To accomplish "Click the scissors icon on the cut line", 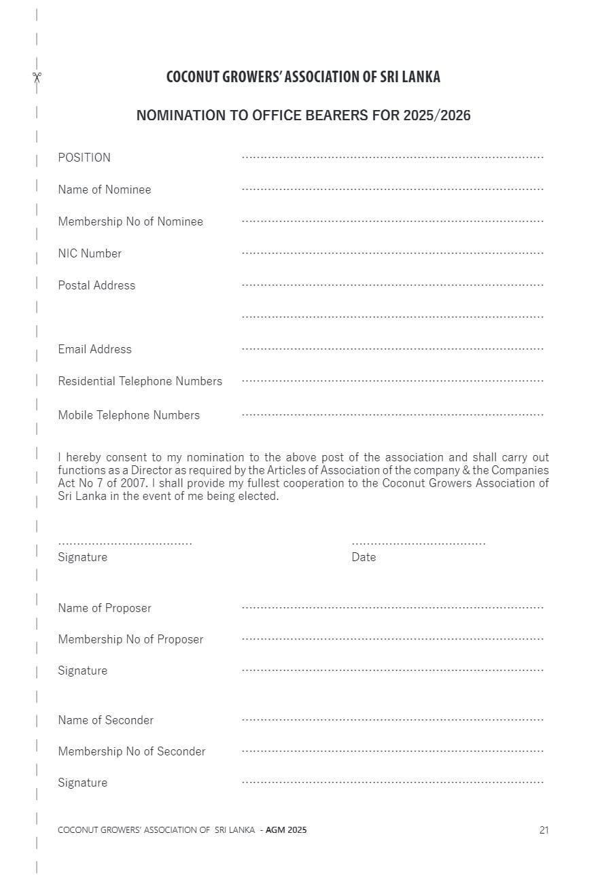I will tap(37, 77).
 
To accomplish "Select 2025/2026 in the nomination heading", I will tap(436, 115).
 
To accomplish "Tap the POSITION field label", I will tap(84, 158).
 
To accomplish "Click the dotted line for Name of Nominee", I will tap(393, 189).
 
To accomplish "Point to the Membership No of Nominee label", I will tap(130, 221).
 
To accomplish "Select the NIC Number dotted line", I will tap(393, 253).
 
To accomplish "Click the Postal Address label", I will tap(96, 285).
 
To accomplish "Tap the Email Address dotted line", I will tap(393, 349).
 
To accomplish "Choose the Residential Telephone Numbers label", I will tap(140, 381).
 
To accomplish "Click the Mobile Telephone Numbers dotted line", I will tap(393, 414).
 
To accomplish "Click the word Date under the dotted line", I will tap(364, 557).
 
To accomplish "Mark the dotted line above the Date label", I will tap(419, 544).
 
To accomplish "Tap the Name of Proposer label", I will tap(105, 608).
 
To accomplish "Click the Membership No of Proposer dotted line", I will tap(393, 639).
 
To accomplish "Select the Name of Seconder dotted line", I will tap(393, 719).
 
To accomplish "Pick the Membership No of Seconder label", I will tap(132, 751).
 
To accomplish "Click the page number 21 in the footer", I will tap(544, 830).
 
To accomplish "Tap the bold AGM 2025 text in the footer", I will tap(286, 830).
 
